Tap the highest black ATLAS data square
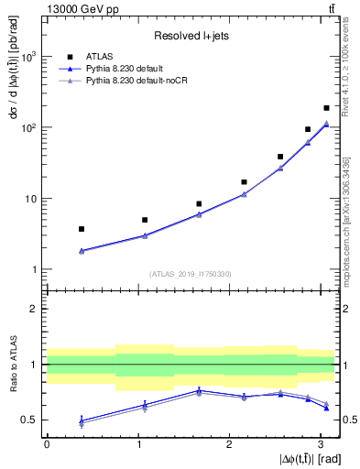coord(326,108)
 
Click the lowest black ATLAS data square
coord(82,229)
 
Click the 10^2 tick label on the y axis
coord(28,127)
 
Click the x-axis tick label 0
coord(47,443)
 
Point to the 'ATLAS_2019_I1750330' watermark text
coord(191,273)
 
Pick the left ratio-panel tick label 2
coord(34,309)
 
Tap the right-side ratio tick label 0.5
coord(349,420)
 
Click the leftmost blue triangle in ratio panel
coord(82,420)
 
